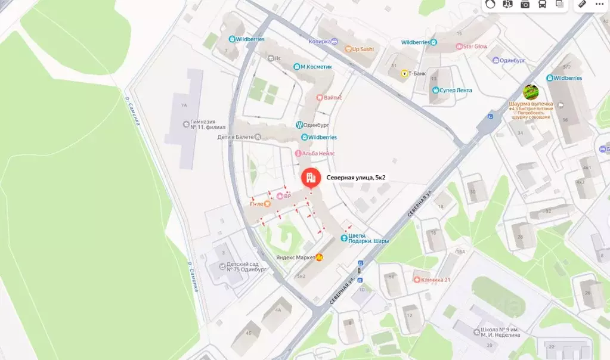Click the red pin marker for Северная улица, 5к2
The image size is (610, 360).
click(309, 177)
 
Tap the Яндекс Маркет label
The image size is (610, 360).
click(296, 257)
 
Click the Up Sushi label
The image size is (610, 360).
click(363, 49)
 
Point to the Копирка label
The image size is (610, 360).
click(320, 42)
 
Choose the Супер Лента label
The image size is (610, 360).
click(456, 90)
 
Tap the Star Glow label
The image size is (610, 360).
click(476, 46)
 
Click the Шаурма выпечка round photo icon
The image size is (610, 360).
click(531, 92)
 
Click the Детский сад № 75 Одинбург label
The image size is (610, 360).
click(246, 266)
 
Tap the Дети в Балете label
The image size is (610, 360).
click(240, 137)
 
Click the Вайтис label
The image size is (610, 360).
click(333, 97)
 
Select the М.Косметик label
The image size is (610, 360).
click(316, 67)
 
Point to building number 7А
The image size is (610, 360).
click(184, 105)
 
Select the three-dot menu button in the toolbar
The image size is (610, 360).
click(599, 4)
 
